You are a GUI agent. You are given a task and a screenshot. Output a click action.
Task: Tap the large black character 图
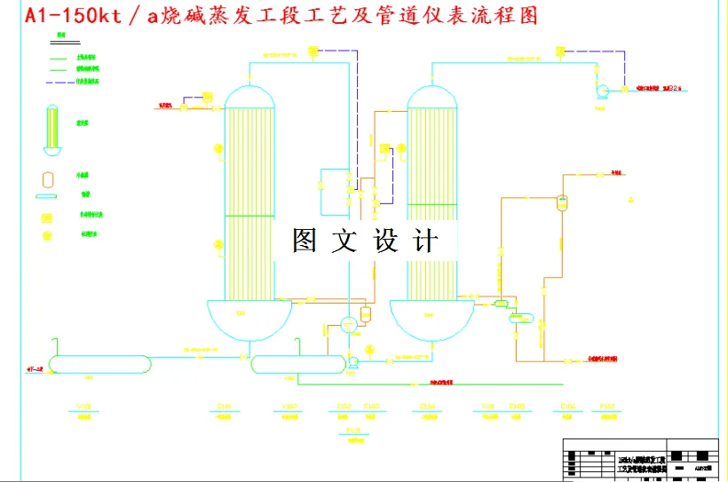click(x=305, y=241)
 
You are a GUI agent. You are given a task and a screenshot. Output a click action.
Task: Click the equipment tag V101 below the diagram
click(x=84, y=407)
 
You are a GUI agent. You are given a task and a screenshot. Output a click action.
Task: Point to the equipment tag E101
click(x=224, y=407)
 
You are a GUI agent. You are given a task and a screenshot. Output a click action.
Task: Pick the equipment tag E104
click(x=428, y=407)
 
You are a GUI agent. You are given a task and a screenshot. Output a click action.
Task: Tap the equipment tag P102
click(x=607, y=407)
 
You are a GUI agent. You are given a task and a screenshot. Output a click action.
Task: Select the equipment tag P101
click(x=354, y=431)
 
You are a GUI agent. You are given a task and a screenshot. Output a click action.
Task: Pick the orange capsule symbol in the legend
click(x=48, y=178)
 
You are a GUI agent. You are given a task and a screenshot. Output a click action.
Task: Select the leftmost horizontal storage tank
click(x=99, y=363)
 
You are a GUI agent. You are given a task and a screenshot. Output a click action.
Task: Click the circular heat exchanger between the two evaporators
click(x=348, y=324)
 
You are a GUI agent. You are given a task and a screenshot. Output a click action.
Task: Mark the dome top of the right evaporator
click(x=434, y=97)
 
